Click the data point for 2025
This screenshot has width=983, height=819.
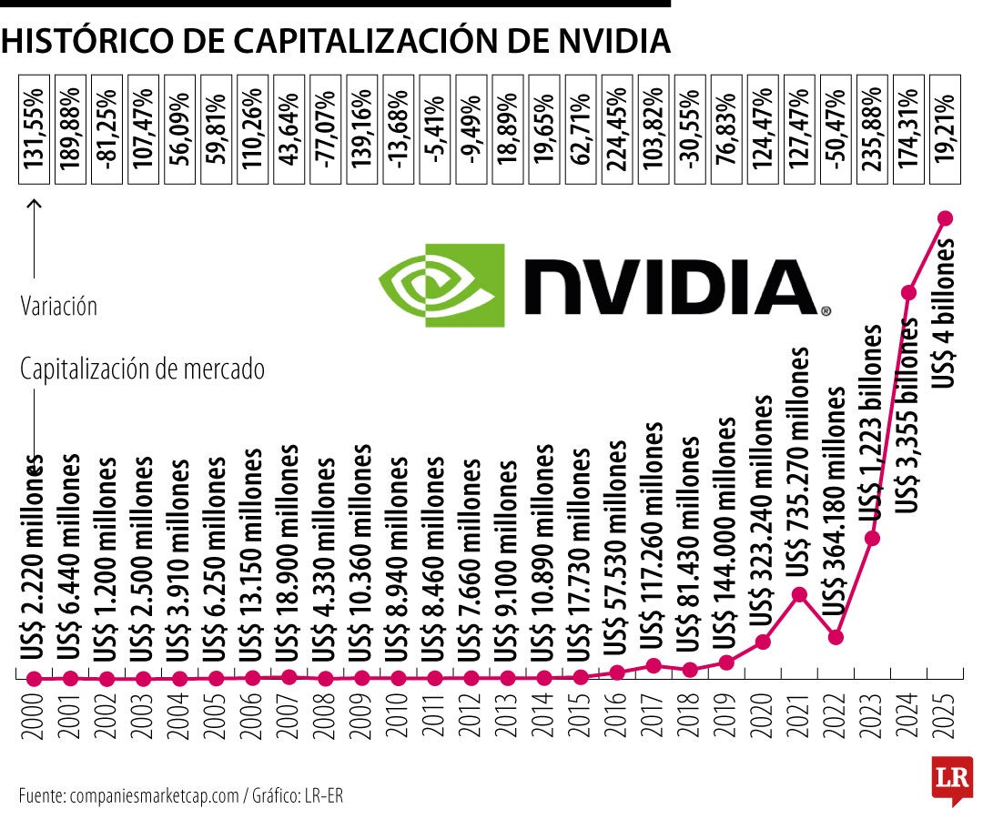click(x=945, y=218)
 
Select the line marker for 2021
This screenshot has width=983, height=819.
click(x=799, y=594)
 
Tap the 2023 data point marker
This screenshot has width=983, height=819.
click(x=872, y=538)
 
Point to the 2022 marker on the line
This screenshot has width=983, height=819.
click(x=836, y=636)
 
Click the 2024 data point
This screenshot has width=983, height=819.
click(x=908, y=292)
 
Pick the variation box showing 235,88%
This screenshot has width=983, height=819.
click(x=872, y=126)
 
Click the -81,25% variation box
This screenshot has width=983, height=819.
click(x=107, y=126)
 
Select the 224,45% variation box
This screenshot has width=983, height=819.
click(x=617, y=126)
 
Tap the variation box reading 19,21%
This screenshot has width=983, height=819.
click(x=945, y=126)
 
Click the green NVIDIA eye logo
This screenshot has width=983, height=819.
click(x=441, y=284)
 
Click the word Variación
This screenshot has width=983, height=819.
click(x=58, y=306)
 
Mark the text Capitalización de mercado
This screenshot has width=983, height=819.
click(x=141, y=370)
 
